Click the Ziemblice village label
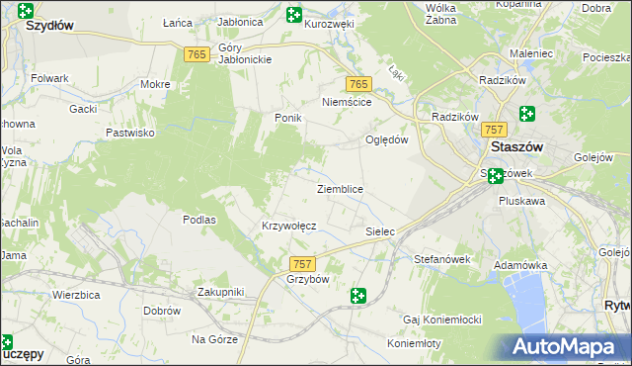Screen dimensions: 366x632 click(x=340, y=189)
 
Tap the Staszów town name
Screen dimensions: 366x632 click(x=517, y=146)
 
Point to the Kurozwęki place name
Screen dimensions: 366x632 click(x=329, y=24)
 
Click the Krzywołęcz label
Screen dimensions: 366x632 click(x=288, y=226)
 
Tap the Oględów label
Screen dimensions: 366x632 click(x=387, y=139)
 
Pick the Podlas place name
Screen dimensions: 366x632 click(x=199, y=220)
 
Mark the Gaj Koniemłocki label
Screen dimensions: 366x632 click(x=441, y=320)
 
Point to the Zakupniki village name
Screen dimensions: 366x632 click(x=220, y=292)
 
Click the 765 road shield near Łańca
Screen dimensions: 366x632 click(x=196, y=55)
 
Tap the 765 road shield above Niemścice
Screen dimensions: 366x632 click(x=357, y=84)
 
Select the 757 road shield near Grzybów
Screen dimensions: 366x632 click(x=303, y=264)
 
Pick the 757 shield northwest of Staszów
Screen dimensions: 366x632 click(x=495, y=130)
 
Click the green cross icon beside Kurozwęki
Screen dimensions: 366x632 click(x=293, y=15)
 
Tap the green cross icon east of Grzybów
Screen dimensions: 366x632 click(x=357, y=295)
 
